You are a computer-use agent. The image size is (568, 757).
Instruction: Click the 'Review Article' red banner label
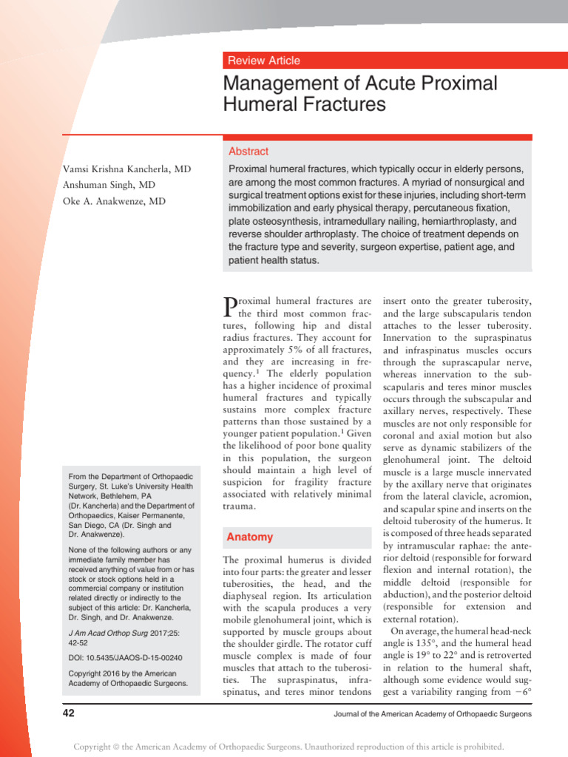tap(264, 61)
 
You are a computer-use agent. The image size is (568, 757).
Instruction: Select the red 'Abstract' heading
tap(248, 151)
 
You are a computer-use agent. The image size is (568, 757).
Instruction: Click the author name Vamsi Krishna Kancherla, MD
tap(126, 169)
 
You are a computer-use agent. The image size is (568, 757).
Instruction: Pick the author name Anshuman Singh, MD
tap(109, 185)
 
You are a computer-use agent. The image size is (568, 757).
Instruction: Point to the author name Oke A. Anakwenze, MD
tap(115, 201)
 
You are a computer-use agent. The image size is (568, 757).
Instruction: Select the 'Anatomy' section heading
tap(249, 537)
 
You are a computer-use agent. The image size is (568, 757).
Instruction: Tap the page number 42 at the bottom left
tap(70, 713)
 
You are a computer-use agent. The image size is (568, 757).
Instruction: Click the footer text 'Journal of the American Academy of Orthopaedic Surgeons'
tap(432, 714)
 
